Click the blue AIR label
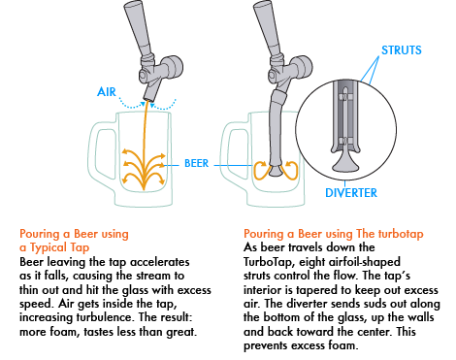pyautogui.click(x=107, y=92)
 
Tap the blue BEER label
pyautogui.click(x=196, y=163)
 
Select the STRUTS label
pyautogui.click(x=402, y=50)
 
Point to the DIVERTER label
pyautogui.click(x=351, y=193)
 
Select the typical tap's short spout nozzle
pyautogui.click(x=151, y=91)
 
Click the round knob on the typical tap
pyautogui.click(x=172, y=67)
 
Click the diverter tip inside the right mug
pyautogui.click(x=276, y=171)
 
